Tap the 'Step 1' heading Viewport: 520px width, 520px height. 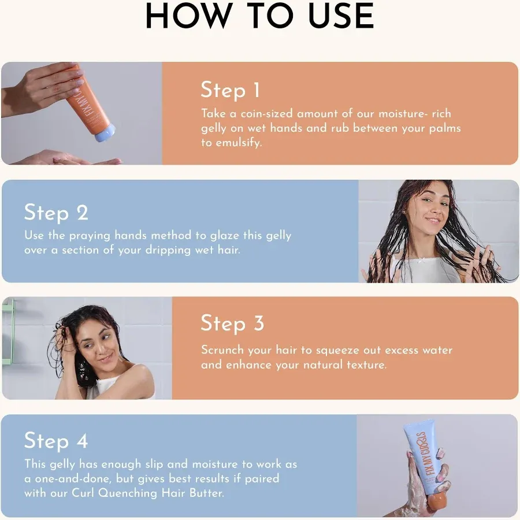pos(230,90)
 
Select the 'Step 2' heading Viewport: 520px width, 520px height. pos(56,213)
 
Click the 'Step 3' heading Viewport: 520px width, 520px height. pos(232,324)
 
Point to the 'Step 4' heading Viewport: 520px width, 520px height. pos(56,441)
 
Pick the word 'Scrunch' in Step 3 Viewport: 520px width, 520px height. pos(222,351)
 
